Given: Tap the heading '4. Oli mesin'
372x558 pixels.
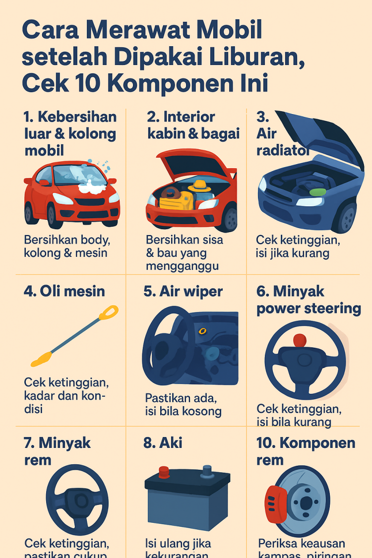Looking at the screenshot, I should (64, 291).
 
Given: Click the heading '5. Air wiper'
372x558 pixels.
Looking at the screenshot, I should (184, 291).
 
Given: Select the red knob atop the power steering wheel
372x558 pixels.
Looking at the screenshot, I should (300, 341).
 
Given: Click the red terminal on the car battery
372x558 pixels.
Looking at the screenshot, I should (164, 471).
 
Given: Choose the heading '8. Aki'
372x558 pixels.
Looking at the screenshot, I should (163, 442).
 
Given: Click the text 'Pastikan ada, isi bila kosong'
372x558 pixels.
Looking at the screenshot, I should (183, 404).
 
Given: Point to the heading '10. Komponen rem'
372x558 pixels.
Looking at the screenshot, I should (306, 451).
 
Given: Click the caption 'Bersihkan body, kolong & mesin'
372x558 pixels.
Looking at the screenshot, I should (67, 246).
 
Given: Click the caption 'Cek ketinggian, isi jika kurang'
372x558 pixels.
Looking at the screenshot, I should (298, 246).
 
